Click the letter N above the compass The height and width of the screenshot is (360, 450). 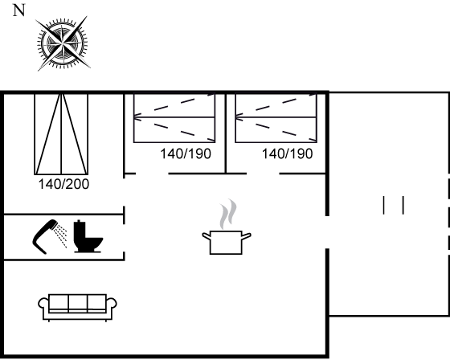[x=19, y=10]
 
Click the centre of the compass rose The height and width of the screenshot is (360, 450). [x=63, y=43]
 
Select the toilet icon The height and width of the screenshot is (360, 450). [x=88, y=236]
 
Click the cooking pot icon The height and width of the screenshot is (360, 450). [x=227, y=242]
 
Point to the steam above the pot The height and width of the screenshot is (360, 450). [x=228, y=214]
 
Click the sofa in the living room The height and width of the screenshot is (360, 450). [x=77, y=308]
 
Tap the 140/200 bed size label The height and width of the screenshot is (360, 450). [x=63, y=184]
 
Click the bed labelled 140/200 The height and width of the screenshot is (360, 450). [x=61, y=133]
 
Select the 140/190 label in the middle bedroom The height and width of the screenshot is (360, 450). [x=186, y=153]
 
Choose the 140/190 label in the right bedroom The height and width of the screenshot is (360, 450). [x=288, y=153]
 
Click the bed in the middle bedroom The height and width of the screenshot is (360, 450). [x=174, y=117]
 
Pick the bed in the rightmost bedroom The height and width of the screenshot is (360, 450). [x=276, y=117]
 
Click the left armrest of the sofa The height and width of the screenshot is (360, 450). [x=43, y=305]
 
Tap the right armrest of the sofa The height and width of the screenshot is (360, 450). [x=112, y=305]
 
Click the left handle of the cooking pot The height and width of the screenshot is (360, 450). [x=206, y=236]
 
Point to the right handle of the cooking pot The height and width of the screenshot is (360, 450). [x=247, y=236]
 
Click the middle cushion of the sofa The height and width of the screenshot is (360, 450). [x=78, y=303]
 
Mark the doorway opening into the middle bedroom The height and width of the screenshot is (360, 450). [x=152, y=174]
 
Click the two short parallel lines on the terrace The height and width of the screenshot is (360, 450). [x=394, y=205]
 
